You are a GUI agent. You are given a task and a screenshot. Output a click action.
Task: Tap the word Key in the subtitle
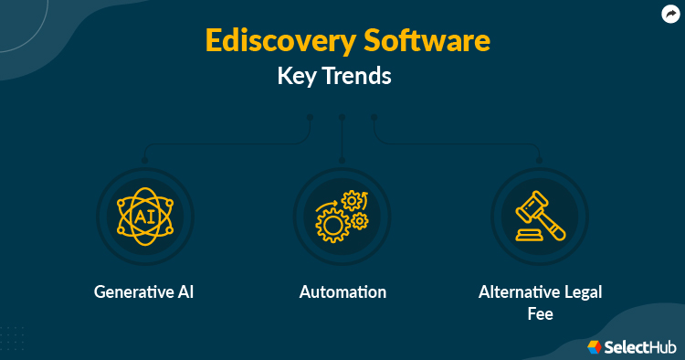(294, 77)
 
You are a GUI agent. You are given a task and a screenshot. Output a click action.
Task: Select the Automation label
(342, 292)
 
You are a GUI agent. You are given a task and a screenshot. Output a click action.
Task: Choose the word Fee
(540, 312)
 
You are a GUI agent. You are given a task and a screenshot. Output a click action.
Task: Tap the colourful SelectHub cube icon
(595, 347)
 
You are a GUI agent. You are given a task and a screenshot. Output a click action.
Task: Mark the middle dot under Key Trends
(342, 117)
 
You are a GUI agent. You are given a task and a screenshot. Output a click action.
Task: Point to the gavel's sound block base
(528, 236)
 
